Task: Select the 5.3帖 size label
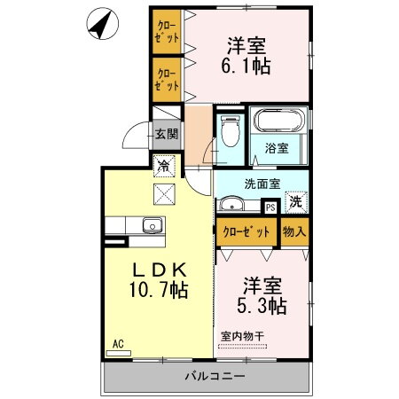(261, 305)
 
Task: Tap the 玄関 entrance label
(166, 135)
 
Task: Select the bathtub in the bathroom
(279, 122)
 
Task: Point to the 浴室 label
(277, 149)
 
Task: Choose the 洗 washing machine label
(295, 202)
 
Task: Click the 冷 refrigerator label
(163, 164)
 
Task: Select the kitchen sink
(150, 225)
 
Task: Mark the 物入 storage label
(294, 232)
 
